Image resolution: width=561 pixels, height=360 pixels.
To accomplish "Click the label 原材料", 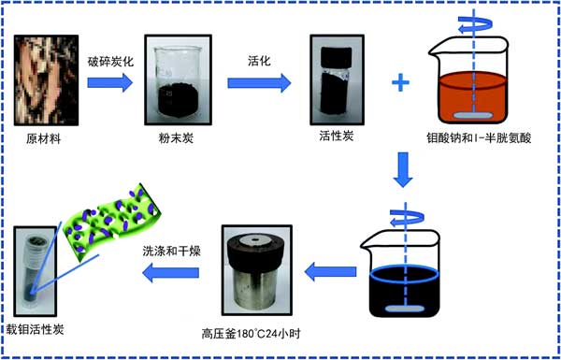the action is pos(44,138).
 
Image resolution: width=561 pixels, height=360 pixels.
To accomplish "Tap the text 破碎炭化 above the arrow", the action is pos(111,62).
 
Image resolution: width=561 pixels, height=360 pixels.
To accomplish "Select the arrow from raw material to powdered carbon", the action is pos(109,82).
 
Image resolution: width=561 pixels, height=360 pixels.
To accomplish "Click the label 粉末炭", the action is pos(176,138).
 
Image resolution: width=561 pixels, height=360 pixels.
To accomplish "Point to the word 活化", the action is pos(259,61).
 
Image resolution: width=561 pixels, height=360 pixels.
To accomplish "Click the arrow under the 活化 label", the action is pos(259,83).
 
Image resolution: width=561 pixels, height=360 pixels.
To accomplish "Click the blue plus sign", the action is pos(401,83).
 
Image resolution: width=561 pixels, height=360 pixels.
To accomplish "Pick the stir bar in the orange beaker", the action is pos(472,116).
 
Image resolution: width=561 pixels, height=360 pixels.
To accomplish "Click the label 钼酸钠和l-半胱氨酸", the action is pos(479,138).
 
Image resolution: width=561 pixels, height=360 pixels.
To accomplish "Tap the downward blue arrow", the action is pos(403,169).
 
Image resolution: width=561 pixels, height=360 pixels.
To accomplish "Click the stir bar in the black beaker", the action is pos(404,309).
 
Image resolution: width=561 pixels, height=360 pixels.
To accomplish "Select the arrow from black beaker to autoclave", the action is pos(330,271).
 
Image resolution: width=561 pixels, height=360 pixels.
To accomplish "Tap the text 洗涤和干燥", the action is pos(171,252).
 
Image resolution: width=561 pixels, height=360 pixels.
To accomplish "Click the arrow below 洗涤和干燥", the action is pos(171,273).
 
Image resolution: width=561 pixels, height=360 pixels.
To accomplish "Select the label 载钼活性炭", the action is pos(35,328).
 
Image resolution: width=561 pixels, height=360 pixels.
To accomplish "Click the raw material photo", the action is pos(46,80).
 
